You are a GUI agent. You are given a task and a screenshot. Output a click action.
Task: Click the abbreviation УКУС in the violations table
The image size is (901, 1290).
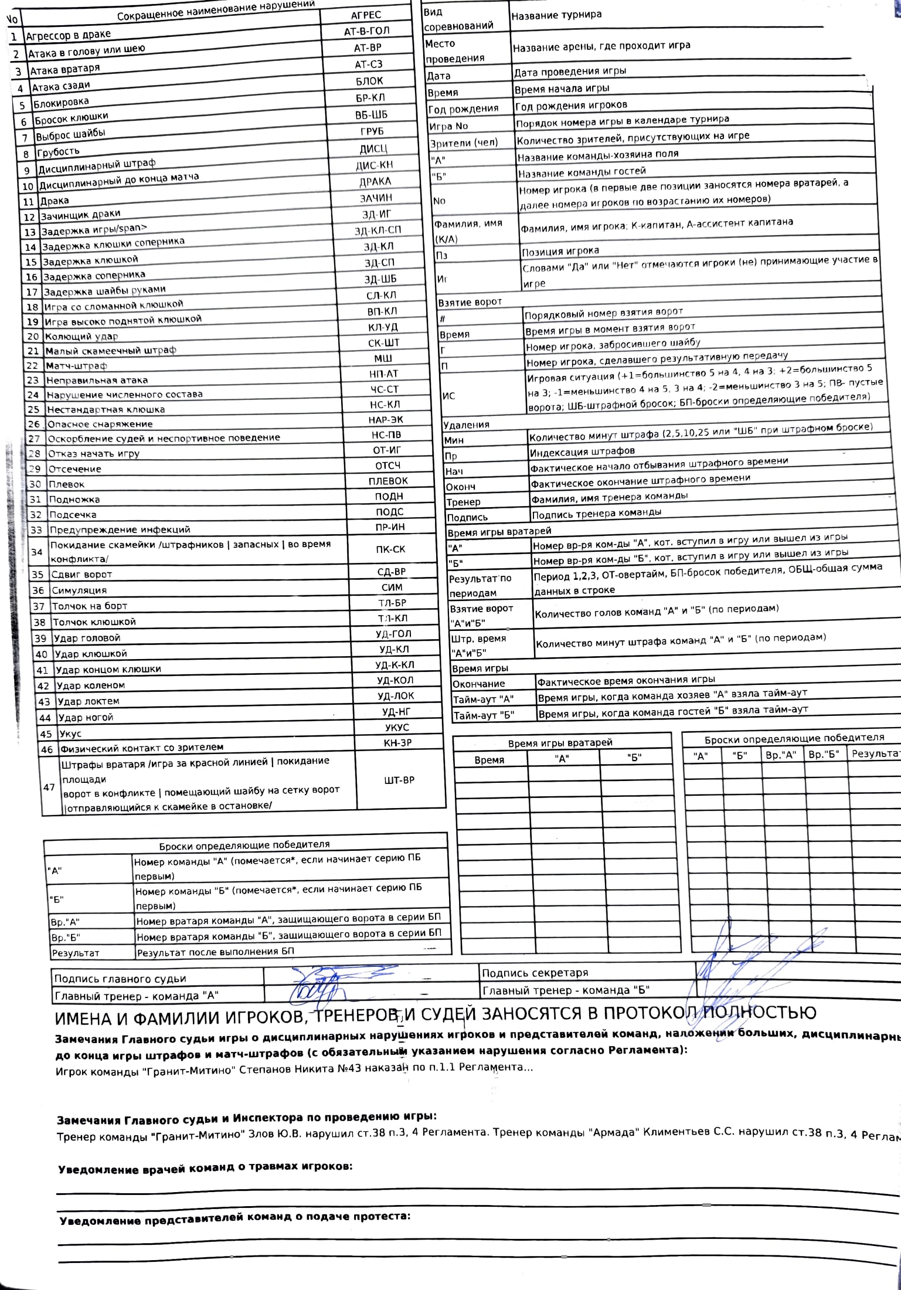[x=397, y=727]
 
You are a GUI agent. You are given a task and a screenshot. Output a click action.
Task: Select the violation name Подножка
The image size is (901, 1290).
[x=74, y=500]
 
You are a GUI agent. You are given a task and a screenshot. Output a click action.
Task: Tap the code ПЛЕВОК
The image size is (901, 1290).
[x=388, y=481]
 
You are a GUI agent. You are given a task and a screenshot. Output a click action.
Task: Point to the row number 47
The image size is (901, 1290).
[x=49, y=787]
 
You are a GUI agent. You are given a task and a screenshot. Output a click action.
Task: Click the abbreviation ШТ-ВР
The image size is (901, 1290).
[x=399, y=780]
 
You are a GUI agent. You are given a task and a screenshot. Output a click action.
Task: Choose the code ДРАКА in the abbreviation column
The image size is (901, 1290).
[x=375, y=182]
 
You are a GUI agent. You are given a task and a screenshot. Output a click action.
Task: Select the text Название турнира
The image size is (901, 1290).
[x=556, y=15]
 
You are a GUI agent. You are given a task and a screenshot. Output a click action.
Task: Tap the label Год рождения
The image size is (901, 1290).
[x=463, y=108]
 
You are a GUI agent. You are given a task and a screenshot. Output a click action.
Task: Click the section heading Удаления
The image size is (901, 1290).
[x=466, y=425]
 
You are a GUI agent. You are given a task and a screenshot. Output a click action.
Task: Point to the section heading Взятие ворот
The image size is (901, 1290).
[x=470, y=302]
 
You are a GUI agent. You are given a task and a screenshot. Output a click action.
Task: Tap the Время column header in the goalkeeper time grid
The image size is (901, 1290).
[x=489, y=760]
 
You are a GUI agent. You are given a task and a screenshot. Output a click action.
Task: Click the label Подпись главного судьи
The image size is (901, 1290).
[x=120, y=979]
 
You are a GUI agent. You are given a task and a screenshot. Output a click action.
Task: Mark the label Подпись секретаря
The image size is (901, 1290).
[x=535, y=973]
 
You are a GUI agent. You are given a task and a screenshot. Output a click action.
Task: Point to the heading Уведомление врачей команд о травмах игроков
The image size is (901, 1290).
[x=205, y=1183]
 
